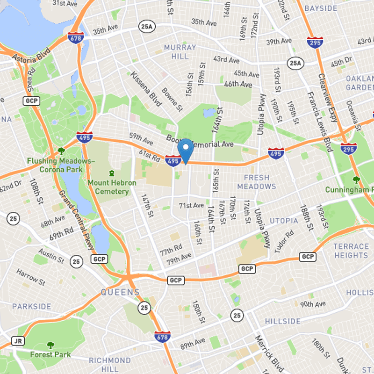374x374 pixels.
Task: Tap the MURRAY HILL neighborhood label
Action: pyautogui.click(x=180, y=52)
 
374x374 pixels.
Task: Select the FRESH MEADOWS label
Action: pyautogui.click(x=256, y=182)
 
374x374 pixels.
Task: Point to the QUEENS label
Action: pyautogui.click(x=120, y=293)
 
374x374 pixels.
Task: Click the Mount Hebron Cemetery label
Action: pyautogui.click(x=112, y=187)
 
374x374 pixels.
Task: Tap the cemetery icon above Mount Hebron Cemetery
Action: pyautogui.click(x=111, y=173)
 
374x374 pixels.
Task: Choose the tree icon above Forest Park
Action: pyautogui.click(x=50, y=345)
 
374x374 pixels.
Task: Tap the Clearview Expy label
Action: pyautogui.click(x=329, y=98)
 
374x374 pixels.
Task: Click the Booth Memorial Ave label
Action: pyautogui.click(x=200, y=141)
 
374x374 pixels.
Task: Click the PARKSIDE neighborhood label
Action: pyautogui.click(x=32, y=306)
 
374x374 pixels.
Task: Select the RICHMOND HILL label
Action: pyautogui.click(x=110, y=365)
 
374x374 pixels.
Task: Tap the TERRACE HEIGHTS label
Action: pyautogui.click(x=351, y=251)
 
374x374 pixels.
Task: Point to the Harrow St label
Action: pyautogui.click(x=30, y=276)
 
